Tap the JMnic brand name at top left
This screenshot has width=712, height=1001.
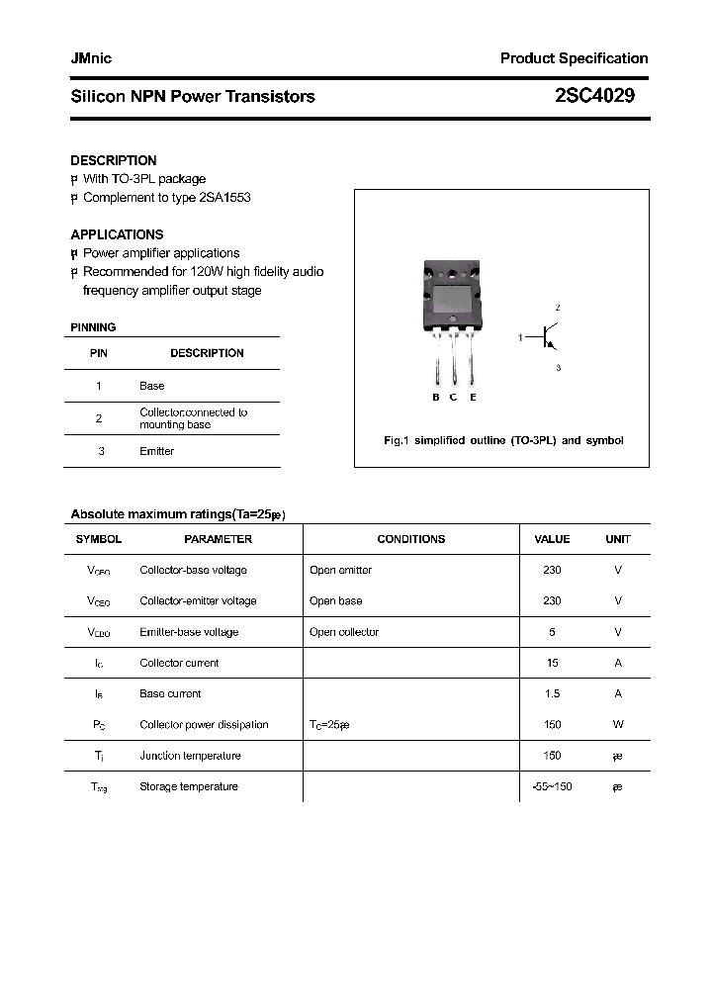91,58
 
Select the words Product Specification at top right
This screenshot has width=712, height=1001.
574,58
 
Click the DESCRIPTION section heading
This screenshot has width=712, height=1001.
113,160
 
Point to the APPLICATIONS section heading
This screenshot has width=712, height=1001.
117,234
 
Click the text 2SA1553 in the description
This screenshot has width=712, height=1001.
224,197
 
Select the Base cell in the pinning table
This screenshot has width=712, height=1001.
151,386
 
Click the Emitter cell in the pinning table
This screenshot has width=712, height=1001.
156,451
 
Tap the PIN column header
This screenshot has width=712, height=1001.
99,353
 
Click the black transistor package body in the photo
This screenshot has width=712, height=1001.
454,296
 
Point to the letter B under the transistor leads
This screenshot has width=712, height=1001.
436,397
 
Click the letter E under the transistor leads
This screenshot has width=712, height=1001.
473,397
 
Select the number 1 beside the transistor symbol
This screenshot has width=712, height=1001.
520,338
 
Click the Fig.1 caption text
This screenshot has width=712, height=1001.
502,440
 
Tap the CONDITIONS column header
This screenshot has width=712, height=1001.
410,539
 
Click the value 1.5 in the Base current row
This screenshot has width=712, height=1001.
552,693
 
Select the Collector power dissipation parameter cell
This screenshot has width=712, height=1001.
204,725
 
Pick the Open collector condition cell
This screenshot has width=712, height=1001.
343,632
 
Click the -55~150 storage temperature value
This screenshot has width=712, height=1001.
552,786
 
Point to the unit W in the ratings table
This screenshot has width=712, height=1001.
618,725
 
